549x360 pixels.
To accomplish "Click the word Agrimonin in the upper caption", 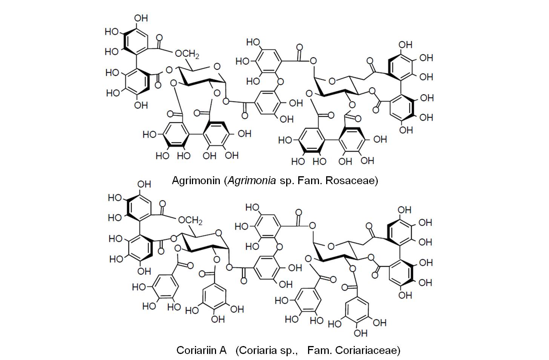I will click(196, 180).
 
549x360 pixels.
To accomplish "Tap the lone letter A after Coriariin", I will click(222, 350).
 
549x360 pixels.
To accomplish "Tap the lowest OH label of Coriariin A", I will click(360, 333).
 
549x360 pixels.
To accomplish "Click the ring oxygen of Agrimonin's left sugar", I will click(216, 67).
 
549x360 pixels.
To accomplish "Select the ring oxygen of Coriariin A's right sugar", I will click(331, 246).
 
